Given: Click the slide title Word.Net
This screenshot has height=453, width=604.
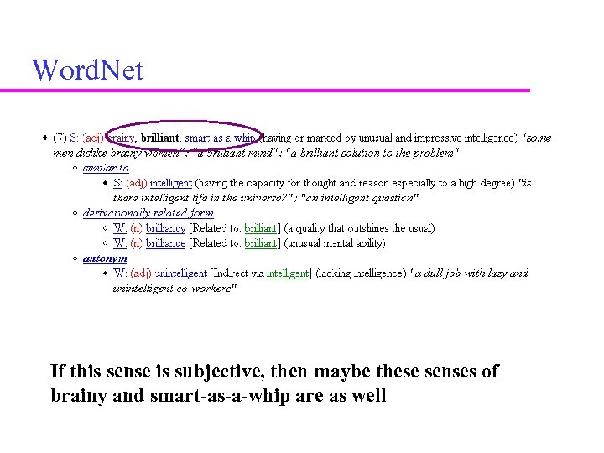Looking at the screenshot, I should [87, 70].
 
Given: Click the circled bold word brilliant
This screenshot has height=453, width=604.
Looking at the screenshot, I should [160, 138].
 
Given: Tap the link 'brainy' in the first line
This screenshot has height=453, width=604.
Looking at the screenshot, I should [121, 138].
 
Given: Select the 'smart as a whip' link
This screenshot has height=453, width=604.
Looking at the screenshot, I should [220, 138].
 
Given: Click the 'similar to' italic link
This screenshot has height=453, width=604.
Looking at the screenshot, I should [106, 168].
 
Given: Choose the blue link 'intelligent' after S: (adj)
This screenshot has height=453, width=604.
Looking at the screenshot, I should [171, 183].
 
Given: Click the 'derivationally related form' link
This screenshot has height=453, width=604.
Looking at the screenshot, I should [148, 213].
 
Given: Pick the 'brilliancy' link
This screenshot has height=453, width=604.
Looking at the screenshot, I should [165, 228].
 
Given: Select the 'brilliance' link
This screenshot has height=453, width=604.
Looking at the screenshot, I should [165, 243].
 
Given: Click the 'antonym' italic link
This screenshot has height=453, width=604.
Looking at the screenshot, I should [104, 258].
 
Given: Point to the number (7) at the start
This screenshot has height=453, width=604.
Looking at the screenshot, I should [60, 138].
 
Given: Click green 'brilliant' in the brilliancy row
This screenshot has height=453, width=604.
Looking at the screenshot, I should [260, 228].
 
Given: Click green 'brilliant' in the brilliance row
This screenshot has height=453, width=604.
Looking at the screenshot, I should [260, 243].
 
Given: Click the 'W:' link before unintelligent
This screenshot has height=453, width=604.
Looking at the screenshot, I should [120, 273].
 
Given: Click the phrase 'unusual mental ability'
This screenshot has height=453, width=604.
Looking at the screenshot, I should [336, 243].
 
